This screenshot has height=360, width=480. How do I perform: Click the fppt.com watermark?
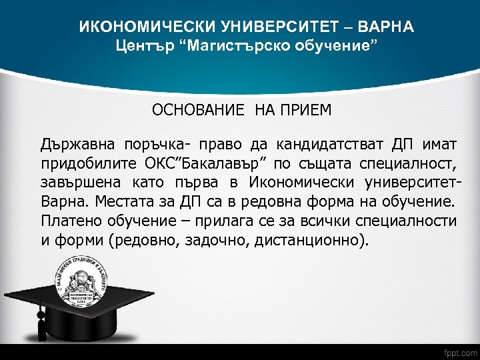pos(459,351)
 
